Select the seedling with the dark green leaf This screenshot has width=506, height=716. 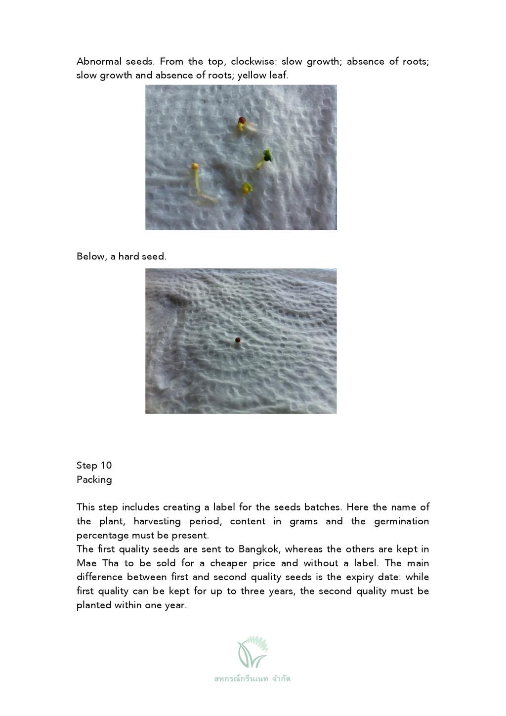click(265, 157)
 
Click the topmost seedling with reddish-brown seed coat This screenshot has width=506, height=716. click(242, 122)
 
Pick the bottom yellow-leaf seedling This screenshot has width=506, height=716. click(247, 188)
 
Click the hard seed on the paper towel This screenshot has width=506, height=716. click(238, 340)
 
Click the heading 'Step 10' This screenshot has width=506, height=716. click(94, 465)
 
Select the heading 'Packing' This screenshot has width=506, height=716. click(94, 480)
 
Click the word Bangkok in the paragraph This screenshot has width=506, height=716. click(258, 549)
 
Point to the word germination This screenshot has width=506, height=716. click(401, 521)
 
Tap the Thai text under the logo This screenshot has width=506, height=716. click(253, 678)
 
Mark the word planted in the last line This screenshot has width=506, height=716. click(94, 605)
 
